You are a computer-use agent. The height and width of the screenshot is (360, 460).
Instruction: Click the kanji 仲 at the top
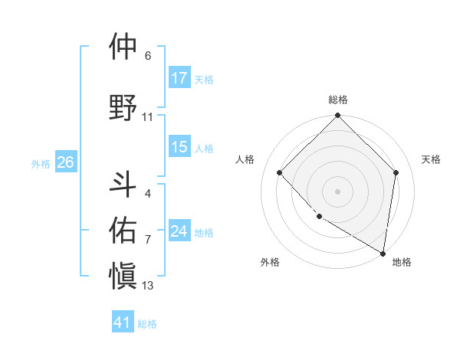123,47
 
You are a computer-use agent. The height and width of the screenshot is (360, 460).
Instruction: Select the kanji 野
123,106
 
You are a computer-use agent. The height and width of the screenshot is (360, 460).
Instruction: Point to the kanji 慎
123,274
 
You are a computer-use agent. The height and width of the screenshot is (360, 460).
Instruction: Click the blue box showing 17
179,78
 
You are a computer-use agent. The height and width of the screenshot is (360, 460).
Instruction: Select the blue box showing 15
179,147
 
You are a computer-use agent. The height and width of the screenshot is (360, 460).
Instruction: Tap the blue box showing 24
179,231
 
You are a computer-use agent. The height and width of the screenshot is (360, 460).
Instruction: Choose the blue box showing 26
66,162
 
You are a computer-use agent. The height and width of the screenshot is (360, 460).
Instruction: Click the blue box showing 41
123,322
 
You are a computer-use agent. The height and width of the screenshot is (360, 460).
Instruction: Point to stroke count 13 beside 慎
148,286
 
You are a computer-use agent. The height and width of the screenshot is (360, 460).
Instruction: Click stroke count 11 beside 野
148,117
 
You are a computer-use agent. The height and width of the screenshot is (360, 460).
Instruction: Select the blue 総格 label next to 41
147,324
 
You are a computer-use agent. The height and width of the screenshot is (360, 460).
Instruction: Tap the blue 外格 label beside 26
41,163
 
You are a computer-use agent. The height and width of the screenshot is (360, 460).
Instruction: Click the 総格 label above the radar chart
338,100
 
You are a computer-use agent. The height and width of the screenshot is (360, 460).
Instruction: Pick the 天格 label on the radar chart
432,159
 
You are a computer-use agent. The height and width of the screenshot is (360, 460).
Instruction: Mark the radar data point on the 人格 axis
280,172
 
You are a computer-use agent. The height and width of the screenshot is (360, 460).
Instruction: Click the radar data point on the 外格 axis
319,217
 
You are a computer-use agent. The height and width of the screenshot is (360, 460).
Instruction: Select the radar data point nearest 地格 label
383,253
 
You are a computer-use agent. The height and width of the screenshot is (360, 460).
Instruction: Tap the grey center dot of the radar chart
337,191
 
